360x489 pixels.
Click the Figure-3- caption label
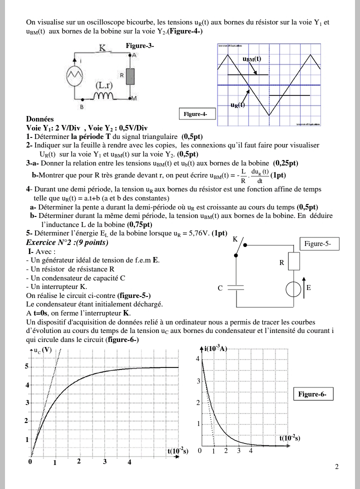click(139, 45)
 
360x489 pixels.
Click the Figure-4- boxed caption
click(195, 114)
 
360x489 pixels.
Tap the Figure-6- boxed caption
click(312, 394)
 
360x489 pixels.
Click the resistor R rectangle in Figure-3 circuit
click(130, 75)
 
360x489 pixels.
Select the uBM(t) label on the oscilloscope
click(251, 59)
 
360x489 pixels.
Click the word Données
click(39, 119)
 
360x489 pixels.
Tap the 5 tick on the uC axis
click(26, 366)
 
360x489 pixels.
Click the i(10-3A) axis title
click(216, 348)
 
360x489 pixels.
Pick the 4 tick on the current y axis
click(197, 359)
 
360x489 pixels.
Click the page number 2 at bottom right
click(336, 467)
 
